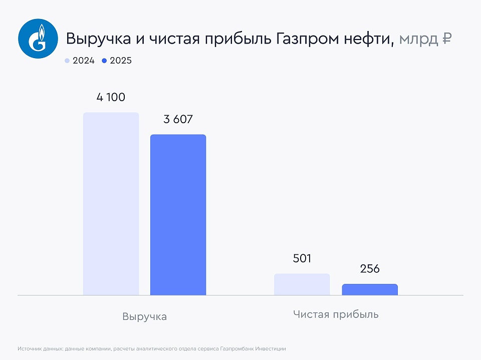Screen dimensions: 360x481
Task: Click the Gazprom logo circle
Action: [x=39, y=39]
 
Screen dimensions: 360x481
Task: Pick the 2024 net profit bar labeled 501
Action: [x=302, y=284]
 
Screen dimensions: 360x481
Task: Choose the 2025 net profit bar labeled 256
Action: [x=370, y=289]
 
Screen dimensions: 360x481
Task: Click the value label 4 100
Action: [x=111, y=97]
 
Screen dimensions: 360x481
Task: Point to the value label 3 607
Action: [x=178, y=119]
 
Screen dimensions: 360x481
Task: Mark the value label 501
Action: [x=302, y=258]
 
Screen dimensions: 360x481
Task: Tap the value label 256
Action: [x=370, y=269]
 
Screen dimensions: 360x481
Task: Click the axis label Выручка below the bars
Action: [x=144, y=316]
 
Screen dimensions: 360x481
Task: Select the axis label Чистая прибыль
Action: [x=336, y=314]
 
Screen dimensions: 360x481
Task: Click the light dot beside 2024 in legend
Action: [x=67, y=61]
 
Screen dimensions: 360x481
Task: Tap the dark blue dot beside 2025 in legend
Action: [x=104, y=61]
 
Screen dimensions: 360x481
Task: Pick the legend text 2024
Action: [x=84, y=61]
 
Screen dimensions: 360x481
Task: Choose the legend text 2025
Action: [x=121, y=61]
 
